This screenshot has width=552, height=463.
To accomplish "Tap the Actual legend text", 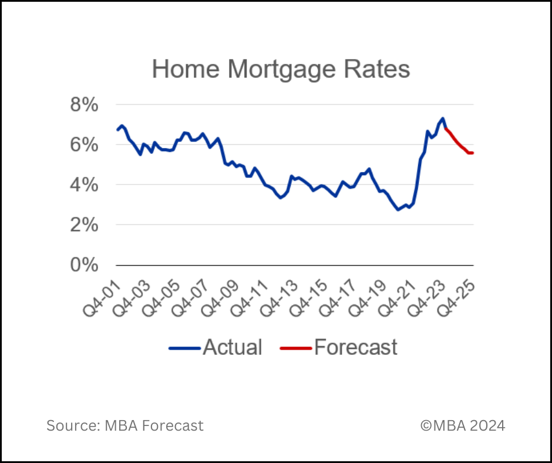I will coord(233,347).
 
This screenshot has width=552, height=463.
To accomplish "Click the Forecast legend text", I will coord(356,347).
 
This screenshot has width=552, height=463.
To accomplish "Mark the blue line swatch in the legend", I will coord(185,348).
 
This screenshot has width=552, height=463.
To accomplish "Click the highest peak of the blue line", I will coord(442,118).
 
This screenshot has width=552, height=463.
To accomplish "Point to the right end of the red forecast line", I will coord(473,153).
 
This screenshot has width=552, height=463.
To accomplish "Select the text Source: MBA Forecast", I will coord(125,425).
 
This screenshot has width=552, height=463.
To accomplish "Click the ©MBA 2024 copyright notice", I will coord(463,425).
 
